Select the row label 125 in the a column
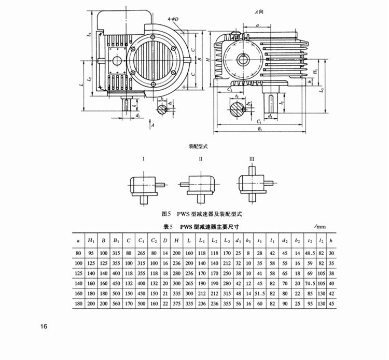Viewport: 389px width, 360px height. tap(78, 273)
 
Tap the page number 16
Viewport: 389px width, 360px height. tap(44, 326)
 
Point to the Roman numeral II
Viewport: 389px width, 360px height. tap(201, 158)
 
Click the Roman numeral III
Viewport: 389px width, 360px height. tap(252, 158)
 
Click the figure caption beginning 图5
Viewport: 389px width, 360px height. tap(195, 213)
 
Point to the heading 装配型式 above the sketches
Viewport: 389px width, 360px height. tap(197, 147)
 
